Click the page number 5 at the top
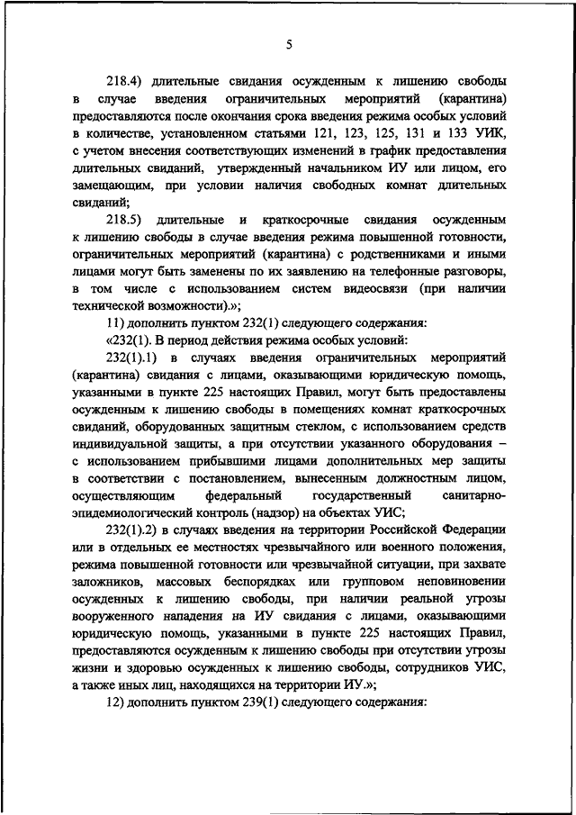(x=289, y=44)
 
